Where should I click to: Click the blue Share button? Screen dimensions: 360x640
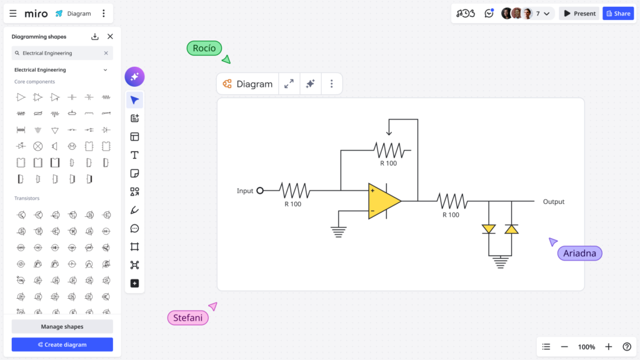pyautogui.click(x=617, y=13)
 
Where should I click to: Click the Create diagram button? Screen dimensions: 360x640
pyautogui.click(x=62, y=344)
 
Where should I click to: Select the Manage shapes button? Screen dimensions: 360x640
pyautogui.click(x=62, y=326)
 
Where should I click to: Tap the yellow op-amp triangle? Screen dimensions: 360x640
pyautogui.click(x=382, y=201)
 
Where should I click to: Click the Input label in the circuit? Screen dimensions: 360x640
pyautogui.click(x=245, y=191)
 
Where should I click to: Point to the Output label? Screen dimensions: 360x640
pyautogui.click(x=553, y=202)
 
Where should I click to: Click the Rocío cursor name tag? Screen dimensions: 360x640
pyautogui.click(x=204, y=48)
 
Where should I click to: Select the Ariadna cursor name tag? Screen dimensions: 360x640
pyautogui.click(x=579, y=253)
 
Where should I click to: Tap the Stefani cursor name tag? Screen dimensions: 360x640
pyautogui.click(x=187, y=317)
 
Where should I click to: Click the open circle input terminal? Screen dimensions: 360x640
pyautogui.click(x=260, y=191)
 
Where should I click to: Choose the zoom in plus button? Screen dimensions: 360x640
pyautogui.click(x=608, y=347)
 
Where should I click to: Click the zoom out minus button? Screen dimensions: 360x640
pyautogui.click(x=564, y=347)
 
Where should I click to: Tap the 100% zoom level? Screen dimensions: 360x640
pyautogui.click(x=586, y=347)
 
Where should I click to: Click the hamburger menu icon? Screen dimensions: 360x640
pyautogui.click(x=13, y=13)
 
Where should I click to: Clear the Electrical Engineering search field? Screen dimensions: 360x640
pyautogui.click(x=106, y=53)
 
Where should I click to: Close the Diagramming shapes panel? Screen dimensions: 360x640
pyautogui.click(x=110, y=37)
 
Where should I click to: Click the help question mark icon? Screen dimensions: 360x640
pyautogui.click(x=627, y=347)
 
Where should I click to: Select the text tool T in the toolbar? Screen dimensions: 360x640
pyautogui.click(x=134, y=155)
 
